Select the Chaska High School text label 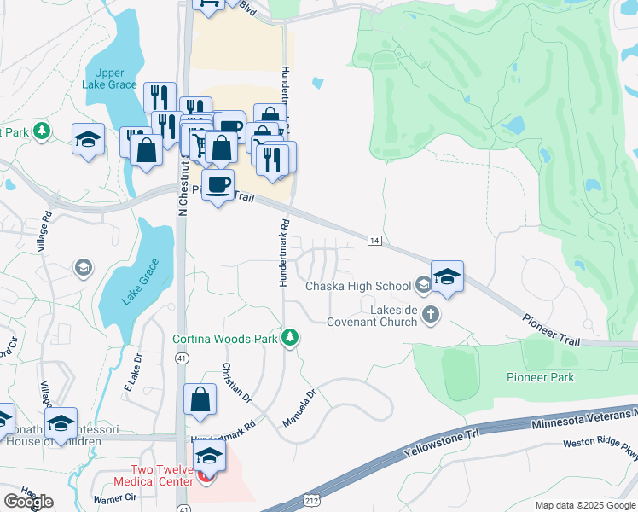tap(358, 285)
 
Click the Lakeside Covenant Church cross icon tap(432, 315)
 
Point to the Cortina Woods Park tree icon tap(291, 339)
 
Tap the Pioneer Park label tap(540, 377)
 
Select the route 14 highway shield tap(374, 241)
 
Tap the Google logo tap(27, 501)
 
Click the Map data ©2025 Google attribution tap(585, 505)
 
